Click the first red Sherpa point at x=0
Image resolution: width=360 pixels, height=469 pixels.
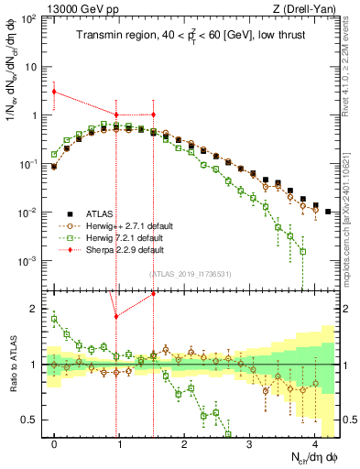point(55,92)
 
